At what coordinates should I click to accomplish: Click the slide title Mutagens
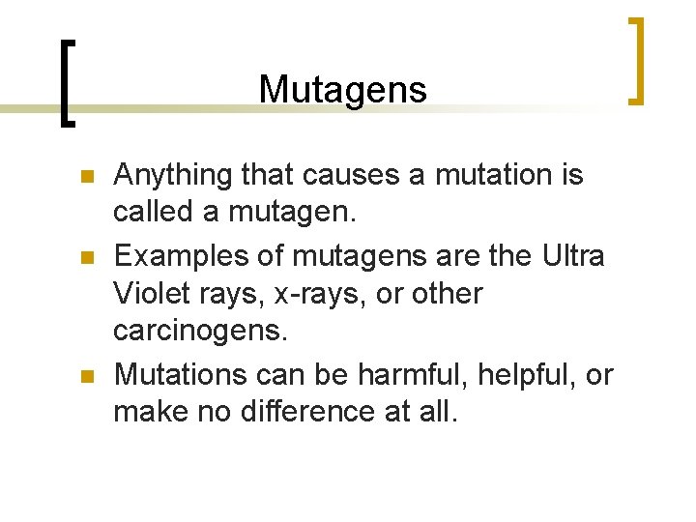point(342,90)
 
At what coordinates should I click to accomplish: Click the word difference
point(320,411)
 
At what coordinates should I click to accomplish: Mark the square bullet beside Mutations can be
point(85,376)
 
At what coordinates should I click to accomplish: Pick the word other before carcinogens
point(447,292)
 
